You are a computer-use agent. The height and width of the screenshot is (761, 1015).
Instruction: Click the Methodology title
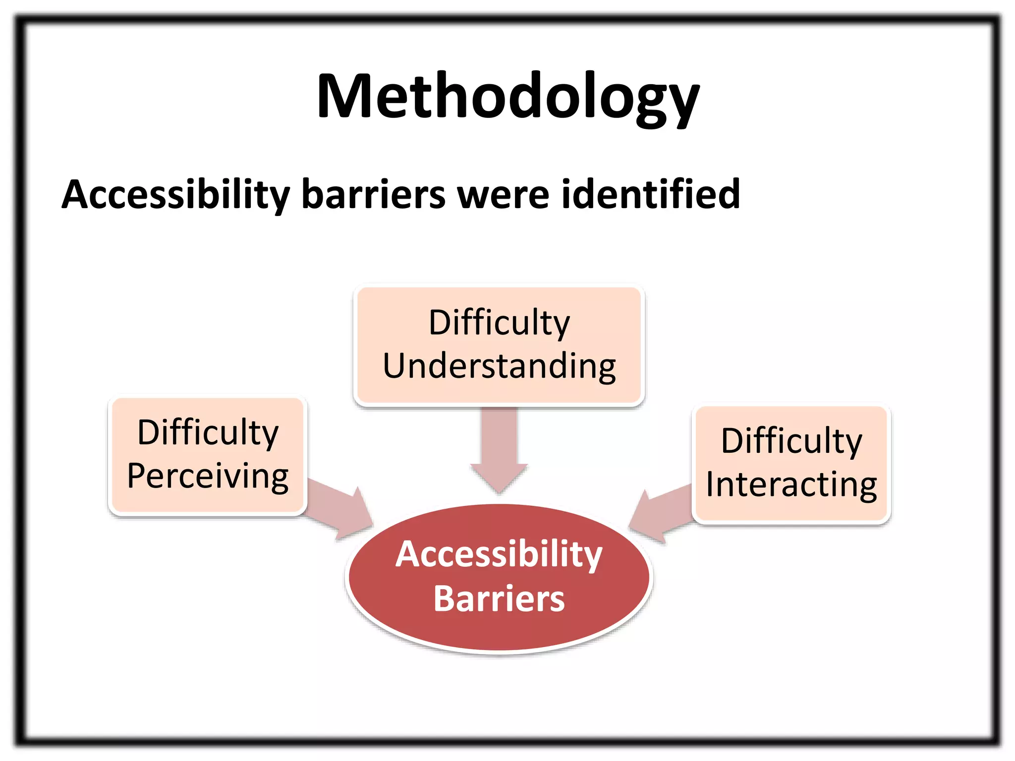(x=507, y=97)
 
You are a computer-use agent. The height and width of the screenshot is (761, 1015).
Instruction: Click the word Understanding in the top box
(x=499, y=367)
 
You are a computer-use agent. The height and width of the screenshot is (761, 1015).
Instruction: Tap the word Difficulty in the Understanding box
(x=499, y=323)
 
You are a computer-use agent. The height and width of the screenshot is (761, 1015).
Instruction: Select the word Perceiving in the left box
(x=208, y=477)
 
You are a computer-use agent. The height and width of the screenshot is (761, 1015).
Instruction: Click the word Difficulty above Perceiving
(x=208, y=433)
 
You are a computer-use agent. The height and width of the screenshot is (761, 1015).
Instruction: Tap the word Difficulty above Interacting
(x=791, y=441)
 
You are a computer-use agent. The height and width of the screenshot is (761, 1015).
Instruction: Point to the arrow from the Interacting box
(x=659, y=515)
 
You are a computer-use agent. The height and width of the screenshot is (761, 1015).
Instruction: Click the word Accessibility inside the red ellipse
(x=499, y=554)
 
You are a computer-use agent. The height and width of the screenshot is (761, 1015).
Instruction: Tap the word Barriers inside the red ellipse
(x=499, y=599)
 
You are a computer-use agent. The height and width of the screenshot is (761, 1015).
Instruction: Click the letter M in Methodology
(x=342, y=97)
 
